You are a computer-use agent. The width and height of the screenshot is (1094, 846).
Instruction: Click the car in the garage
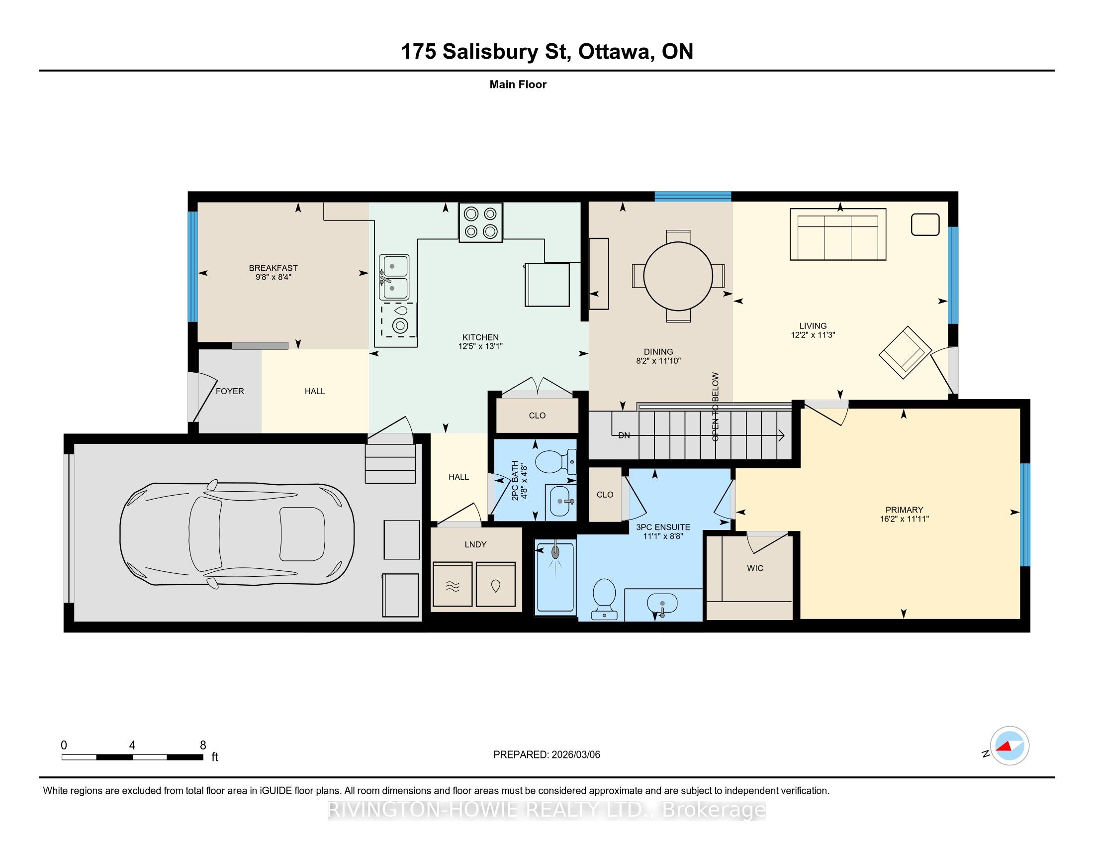click(237, 534)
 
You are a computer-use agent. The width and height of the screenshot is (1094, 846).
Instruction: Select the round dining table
click(678, 276)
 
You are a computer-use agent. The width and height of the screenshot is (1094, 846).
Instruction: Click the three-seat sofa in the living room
click(837, 234)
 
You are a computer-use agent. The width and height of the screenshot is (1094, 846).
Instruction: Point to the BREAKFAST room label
click(273, 268)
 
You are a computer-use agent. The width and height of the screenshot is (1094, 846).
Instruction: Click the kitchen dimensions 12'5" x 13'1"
click(480, 346)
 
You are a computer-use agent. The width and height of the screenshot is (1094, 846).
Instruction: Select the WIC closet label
click(755, 568)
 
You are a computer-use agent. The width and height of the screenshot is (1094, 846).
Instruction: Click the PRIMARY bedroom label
click(904, 510)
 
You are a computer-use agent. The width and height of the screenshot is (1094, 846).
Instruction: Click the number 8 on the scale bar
click(203, 745)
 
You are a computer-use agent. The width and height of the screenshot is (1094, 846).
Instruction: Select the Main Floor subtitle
click(518, 84)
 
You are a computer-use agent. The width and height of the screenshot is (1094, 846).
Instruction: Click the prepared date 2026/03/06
click(575, 754)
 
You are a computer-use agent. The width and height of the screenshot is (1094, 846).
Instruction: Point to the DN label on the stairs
click(624, 435)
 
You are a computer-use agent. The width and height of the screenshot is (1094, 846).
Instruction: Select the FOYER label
click(230, 392)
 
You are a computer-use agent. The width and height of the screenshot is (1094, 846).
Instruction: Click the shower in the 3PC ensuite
click(555, 577)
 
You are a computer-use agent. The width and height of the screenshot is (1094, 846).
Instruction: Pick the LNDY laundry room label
click(475, 545)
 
